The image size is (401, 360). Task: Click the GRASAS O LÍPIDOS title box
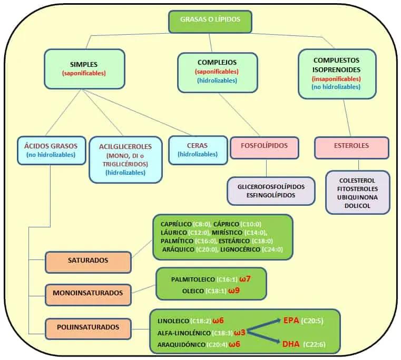pos(210,21)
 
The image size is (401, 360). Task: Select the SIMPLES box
pos(84,68)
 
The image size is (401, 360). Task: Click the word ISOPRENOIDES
pos(336,69)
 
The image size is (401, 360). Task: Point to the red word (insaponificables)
pos(336,78)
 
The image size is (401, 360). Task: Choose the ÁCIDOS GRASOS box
pos(51,150)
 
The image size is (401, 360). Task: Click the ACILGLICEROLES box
pos(125,159)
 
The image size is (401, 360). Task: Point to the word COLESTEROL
pos(358,179)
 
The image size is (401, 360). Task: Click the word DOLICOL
pos(358,206)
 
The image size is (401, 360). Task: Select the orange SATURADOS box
pos(87,261)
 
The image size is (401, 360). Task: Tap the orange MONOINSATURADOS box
pos(87,293)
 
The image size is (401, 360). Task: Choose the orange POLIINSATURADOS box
pos(89,327)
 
